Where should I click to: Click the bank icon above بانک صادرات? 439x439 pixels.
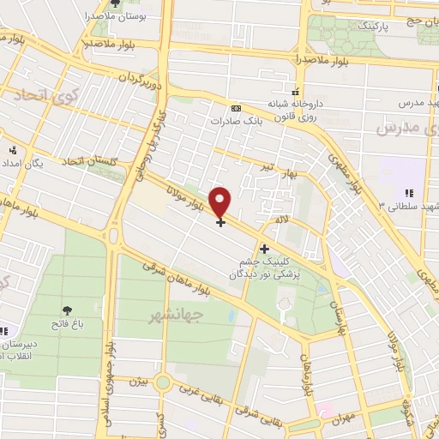pyautogui.click(x=237, y=108)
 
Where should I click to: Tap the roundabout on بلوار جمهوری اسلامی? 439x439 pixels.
pyautogui.click(x=114, y=235)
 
